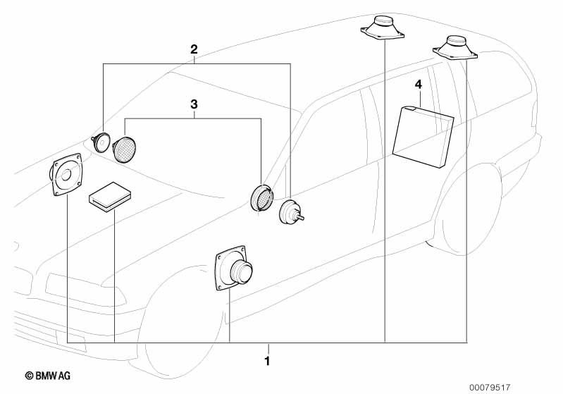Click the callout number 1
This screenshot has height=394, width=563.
pyautogui.click(x=267, y=361)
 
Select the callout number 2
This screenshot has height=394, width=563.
pyautogui.click(x=194, y=49)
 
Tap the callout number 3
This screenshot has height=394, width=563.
pyautogui.click(x=194, y=104)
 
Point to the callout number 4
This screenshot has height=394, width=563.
pyautogui.click(x=419, y=85)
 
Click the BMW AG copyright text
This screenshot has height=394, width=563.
pyautogui.click(x=48, y=376)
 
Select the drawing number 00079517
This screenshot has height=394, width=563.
pyautogui.click(x=490, y=387)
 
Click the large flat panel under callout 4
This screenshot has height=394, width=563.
pyautogui.click(x=423, y=137)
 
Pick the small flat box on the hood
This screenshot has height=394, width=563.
pyautogui.click(x=110, y=196)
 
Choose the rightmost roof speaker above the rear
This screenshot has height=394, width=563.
pyautogui.click(x=455, y=47)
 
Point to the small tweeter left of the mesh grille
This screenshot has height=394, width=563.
pyautogui.click(x=100, y=142)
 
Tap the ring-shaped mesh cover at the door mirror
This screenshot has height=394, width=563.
pyautogui.click(x=261, y=197)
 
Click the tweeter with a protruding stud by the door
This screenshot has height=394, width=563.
pyautogui.click(x=291, y=212)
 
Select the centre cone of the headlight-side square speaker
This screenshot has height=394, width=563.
pyautogui.click(x=66, y=176)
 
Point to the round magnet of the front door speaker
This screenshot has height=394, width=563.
pyautogui.click(x=242, y=271)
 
